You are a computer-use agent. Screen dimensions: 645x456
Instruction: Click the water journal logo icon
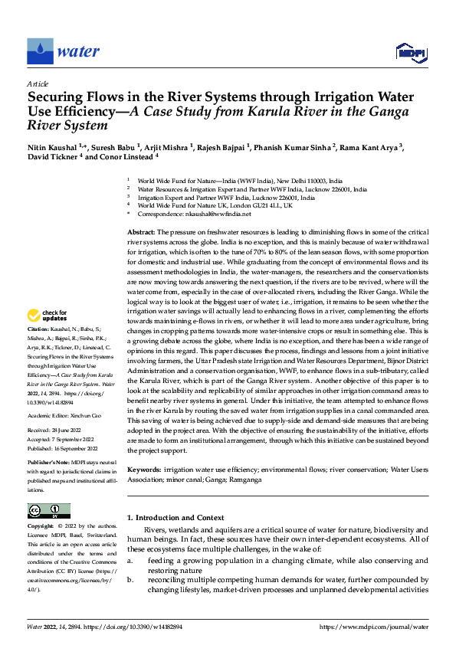(x=40, y=52)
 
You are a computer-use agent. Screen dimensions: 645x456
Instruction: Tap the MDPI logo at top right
(x=408, y=52)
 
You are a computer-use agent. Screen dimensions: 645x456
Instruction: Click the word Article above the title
(x=38, y=83)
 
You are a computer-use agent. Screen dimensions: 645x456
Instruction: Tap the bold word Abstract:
(x=141, y=231)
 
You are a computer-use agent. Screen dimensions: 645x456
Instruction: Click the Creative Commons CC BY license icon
(x=49, y=510)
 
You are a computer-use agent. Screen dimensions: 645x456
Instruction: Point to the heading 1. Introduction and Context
(x=176, y=519)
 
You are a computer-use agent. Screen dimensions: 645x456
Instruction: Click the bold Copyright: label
(x=41, y=527)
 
